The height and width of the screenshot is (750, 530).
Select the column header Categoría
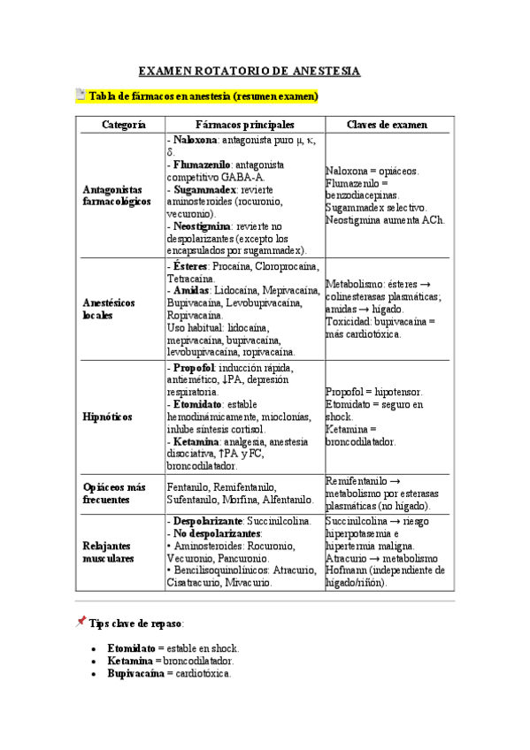coord(123,126)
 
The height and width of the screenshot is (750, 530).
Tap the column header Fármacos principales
coord(245,126)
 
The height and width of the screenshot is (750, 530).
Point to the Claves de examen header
coord(387,126)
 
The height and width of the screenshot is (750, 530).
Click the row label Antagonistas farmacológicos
coord(116,195)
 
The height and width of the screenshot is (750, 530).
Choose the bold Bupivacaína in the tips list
coord(135,674)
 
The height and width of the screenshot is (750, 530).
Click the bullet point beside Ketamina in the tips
coord(93,661)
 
